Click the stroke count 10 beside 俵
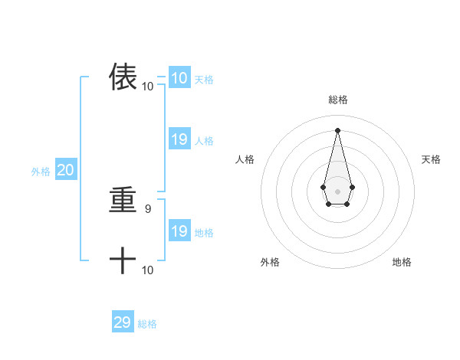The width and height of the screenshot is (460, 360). tap(148, 87)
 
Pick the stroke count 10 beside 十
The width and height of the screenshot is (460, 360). tap(148, 270)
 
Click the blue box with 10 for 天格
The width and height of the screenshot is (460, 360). tap(179, 78)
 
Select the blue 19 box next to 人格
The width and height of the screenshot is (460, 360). tap(179, 139)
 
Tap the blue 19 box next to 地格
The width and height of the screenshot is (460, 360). tap(179, 231)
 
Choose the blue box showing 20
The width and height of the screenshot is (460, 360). tap(65, 171)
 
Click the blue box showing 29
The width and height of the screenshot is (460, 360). tap(123, 322)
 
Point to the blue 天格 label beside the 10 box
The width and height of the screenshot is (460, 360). tap(204, 80)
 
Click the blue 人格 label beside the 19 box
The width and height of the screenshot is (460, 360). tap(204, 141)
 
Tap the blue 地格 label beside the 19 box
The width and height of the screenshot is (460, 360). tap(204, 233)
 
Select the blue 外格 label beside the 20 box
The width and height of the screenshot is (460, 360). tap(41, 172)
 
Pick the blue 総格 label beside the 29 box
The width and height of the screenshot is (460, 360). tap(147, 324)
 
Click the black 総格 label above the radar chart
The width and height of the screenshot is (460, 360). tap(337, 100)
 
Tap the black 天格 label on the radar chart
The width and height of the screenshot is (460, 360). tap(432, 159)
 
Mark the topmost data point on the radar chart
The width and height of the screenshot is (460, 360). tap(337, 129)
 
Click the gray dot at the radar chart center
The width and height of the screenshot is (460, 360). tap(337, 191)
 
